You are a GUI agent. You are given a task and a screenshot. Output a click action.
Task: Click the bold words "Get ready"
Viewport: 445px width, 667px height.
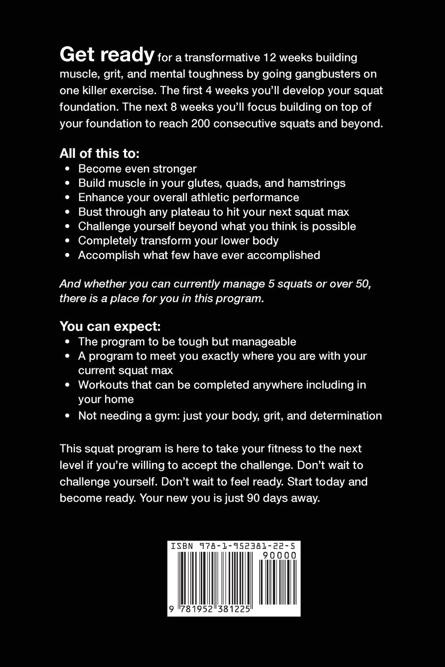pos(106,55)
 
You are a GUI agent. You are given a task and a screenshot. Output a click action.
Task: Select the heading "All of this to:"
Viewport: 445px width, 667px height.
pos(100,154)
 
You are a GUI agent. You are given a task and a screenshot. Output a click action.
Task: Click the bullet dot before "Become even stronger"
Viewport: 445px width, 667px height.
pos(68,169)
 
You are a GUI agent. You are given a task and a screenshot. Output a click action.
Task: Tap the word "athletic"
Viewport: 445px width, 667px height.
pos(209,198)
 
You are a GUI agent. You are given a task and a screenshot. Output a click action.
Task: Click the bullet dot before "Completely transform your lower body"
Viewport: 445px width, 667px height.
pos(68,241)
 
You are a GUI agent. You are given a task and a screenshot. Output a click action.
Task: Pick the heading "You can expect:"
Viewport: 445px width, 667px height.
pos(110,326)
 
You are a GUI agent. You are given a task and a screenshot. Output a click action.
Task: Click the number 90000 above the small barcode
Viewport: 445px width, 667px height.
pos(280,556)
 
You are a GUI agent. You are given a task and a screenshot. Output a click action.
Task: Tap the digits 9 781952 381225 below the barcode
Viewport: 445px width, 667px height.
pos(210,610)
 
